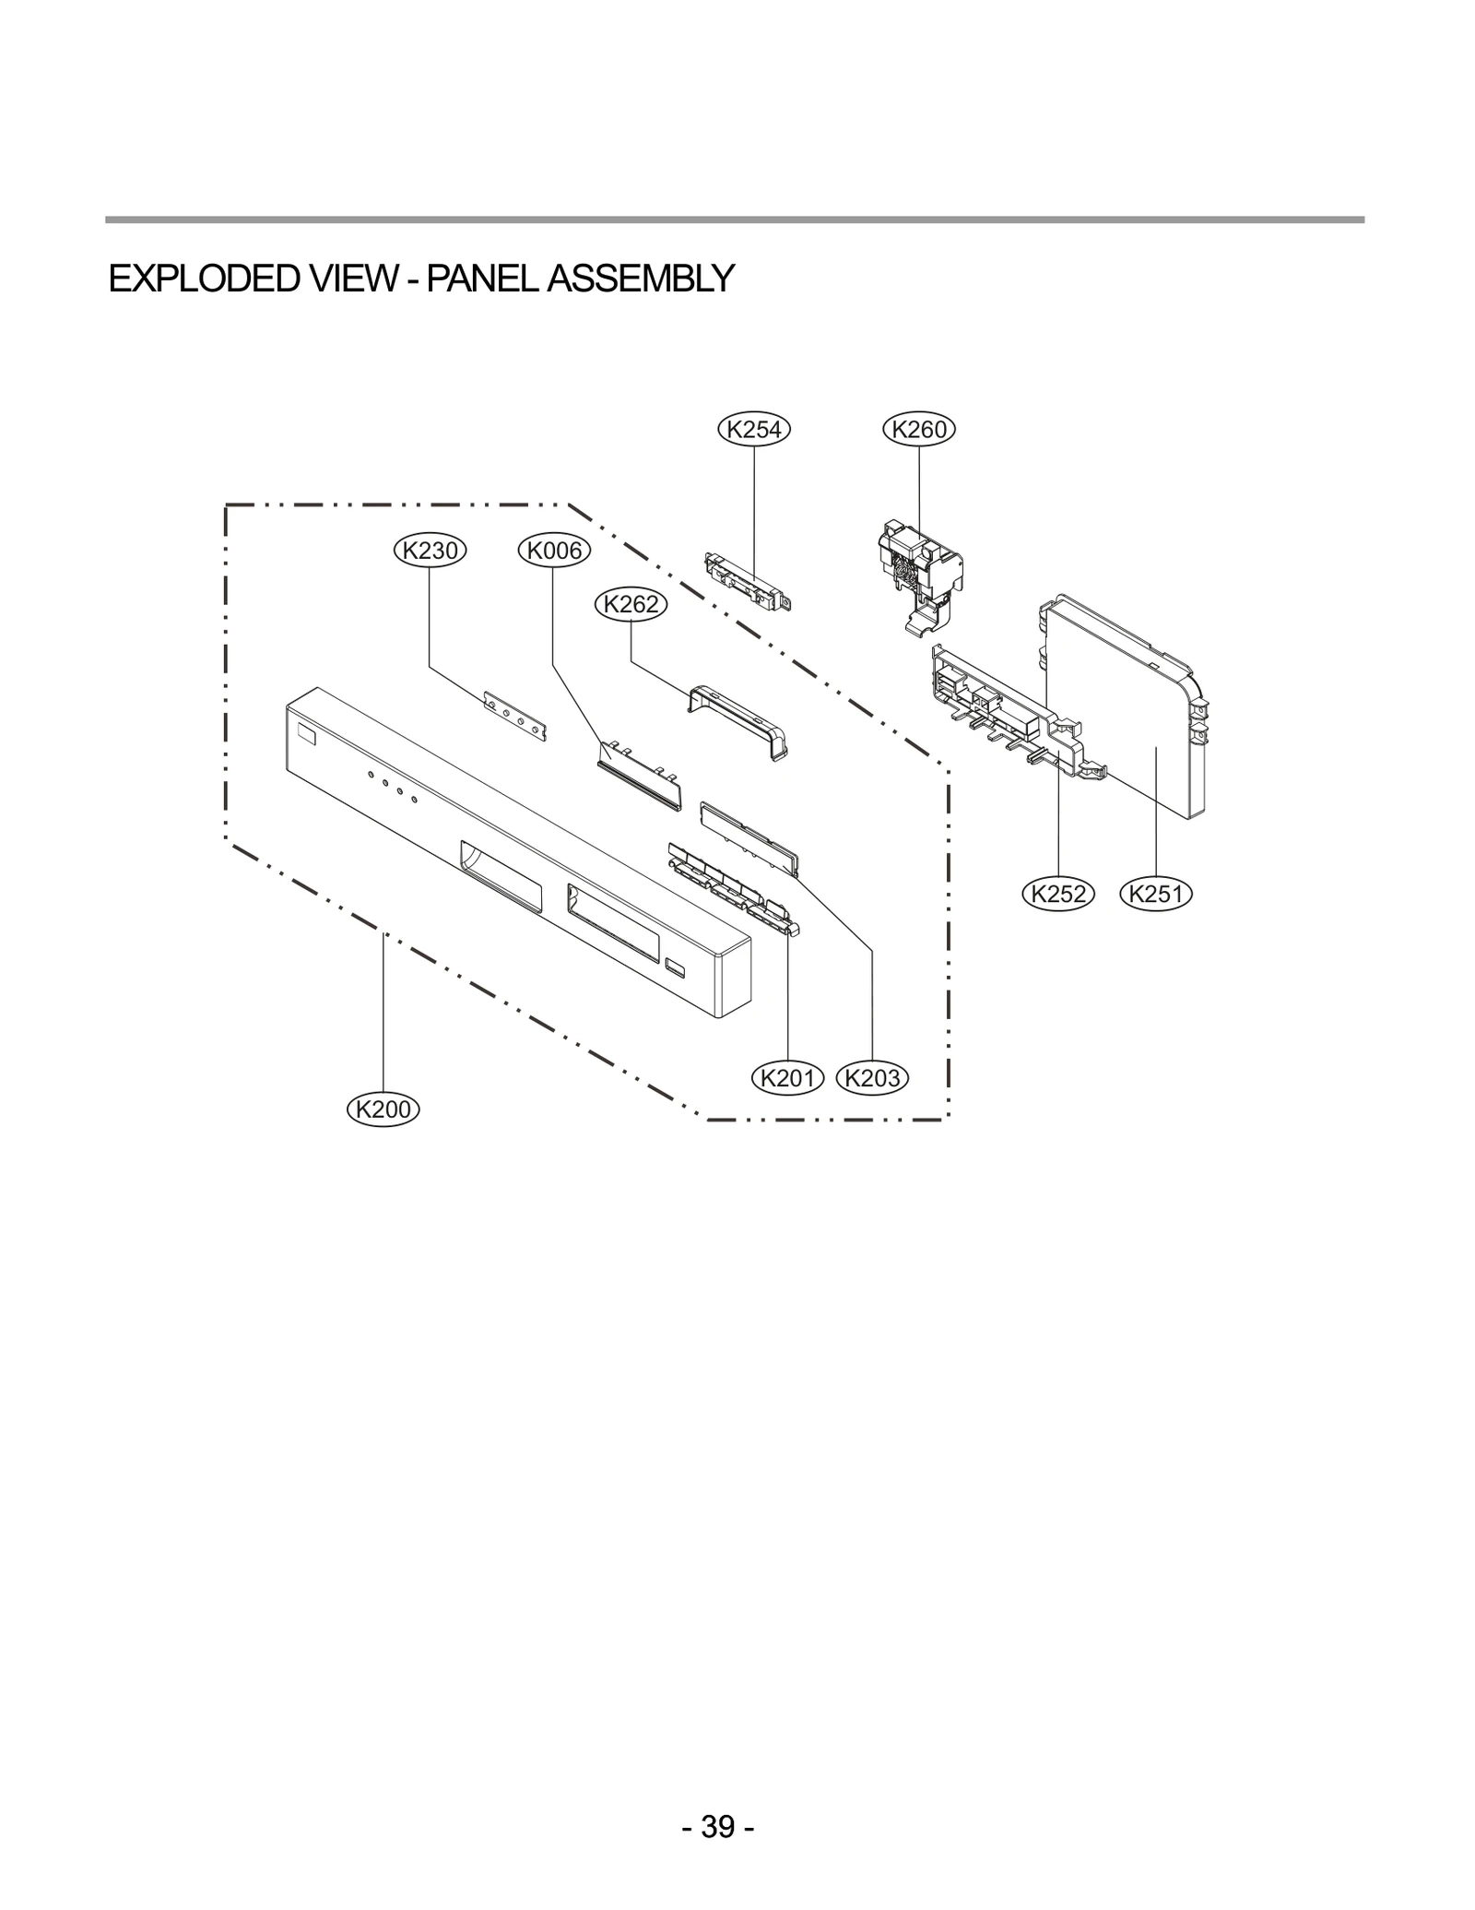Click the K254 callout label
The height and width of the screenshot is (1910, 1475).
[x=754, y=429]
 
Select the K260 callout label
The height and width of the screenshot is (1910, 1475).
[x=919, y=429]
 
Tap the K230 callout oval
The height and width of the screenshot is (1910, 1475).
[x=431, y=551]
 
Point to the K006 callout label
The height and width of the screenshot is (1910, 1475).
[x=554, y=551]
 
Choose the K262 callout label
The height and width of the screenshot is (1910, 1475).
[x=631, y=604]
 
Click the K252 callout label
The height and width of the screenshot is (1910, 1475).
[x=1058, y=893]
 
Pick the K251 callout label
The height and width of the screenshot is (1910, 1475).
[x=1155, y=893]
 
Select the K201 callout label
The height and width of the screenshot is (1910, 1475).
[x=788, y=1077]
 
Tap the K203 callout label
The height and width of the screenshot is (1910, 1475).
[x=872, y=1077]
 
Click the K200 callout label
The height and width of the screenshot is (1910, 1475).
[x=383, y=1109]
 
